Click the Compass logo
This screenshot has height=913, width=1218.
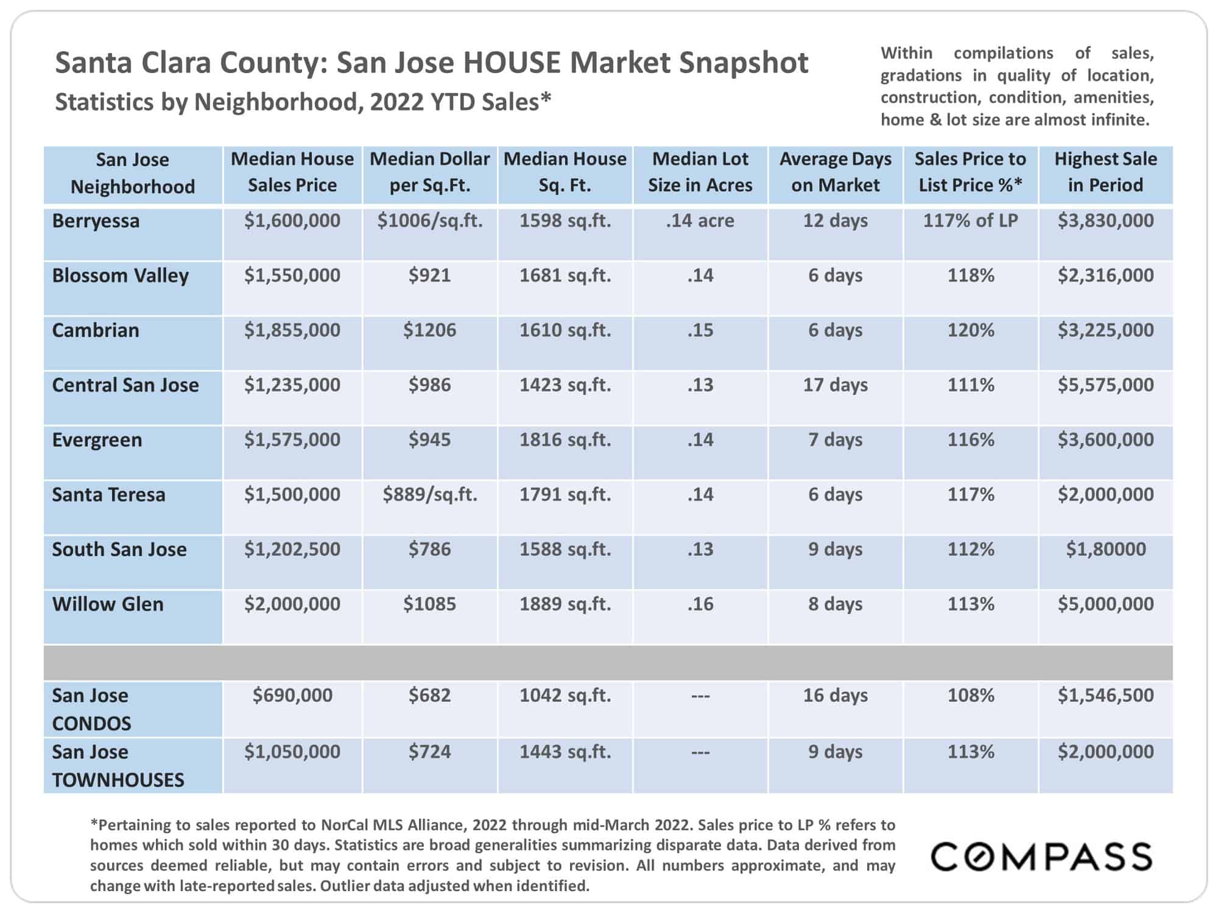(1041, 856)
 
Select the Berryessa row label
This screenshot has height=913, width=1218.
(96, 220)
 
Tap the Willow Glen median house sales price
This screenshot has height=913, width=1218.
(292, 604)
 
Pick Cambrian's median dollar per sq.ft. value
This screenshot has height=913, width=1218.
(429, 330)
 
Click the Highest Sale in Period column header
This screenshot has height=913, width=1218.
(1105, 172)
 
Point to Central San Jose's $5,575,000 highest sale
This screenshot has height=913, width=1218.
(1105, 385)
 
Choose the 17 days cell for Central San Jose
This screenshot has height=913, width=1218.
(835, 385)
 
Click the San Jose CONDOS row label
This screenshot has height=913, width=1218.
(91, 709)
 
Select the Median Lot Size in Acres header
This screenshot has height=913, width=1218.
(700, 172)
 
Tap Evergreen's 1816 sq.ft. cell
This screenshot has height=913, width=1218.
(565, 439)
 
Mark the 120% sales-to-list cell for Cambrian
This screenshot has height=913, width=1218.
(970, 330)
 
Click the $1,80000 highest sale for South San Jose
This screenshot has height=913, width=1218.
(1105, 549)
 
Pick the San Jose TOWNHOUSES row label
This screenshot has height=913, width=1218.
(118, 766)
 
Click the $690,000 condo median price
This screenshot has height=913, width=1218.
(292, 695)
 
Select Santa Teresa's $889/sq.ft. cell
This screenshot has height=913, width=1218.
(429, 494)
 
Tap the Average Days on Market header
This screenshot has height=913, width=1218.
(835, 172)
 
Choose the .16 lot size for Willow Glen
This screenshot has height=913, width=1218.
(700, 604)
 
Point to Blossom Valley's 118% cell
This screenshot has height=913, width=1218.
(970, 275)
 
